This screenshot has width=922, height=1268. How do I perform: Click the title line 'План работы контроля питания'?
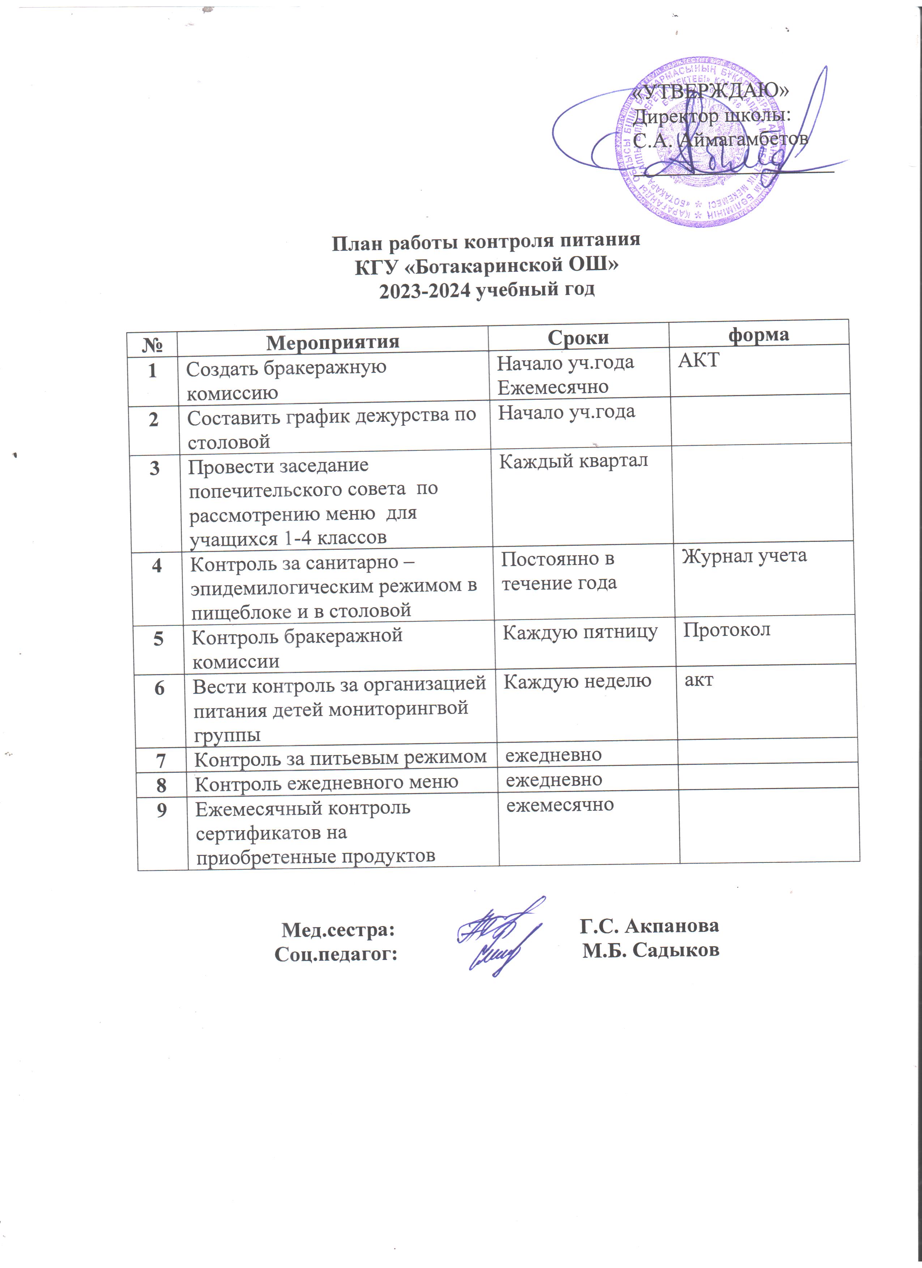tap(486, 241)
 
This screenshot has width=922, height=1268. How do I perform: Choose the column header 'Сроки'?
tap(578, 337)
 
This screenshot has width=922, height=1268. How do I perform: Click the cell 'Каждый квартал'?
tap(573, 461)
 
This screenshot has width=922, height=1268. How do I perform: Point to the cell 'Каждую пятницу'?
tap(580, 632)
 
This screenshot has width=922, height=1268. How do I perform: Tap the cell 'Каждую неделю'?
tap(577, 681)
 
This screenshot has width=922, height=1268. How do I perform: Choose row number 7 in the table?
tap(161, 761)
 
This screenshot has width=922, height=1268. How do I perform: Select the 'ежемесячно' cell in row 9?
tap(560, 805)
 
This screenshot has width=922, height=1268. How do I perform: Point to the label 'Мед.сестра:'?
tap(338, 930)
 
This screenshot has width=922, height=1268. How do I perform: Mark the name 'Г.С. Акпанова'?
tap(649, 925)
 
